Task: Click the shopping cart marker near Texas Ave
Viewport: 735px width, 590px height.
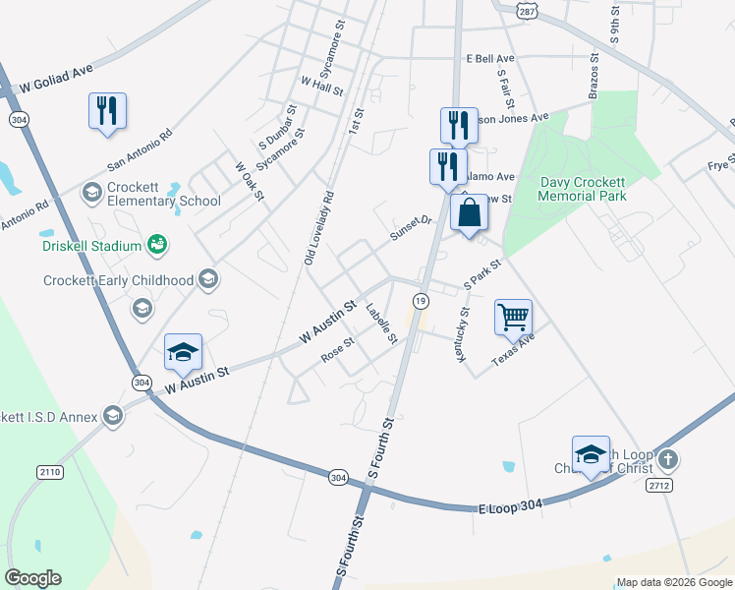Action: [x=513, y=318]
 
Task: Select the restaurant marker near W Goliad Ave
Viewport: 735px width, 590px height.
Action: [x=107, y=110]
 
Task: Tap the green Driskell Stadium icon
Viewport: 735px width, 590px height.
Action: [x=156, y=243]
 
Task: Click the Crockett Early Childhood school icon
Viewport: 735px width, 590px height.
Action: [x=207, y=281]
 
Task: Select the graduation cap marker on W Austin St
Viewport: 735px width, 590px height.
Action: [x=183, y=354]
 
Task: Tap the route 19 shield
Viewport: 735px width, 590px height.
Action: [x=421, y=300]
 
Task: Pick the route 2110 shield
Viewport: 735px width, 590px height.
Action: [x=49, y=472]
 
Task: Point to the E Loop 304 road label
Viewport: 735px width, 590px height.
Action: [x=511, y=505]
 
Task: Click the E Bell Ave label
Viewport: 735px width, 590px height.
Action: [x=491, y=59]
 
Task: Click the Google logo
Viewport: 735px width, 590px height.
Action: [x=32, y=578]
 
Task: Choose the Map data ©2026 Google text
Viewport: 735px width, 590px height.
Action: [x=673, y=582]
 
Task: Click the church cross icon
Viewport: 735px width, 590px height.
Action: [x=667, y=459]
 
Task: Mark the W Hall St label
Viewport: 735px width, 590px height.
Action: [x=321, y=87]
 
